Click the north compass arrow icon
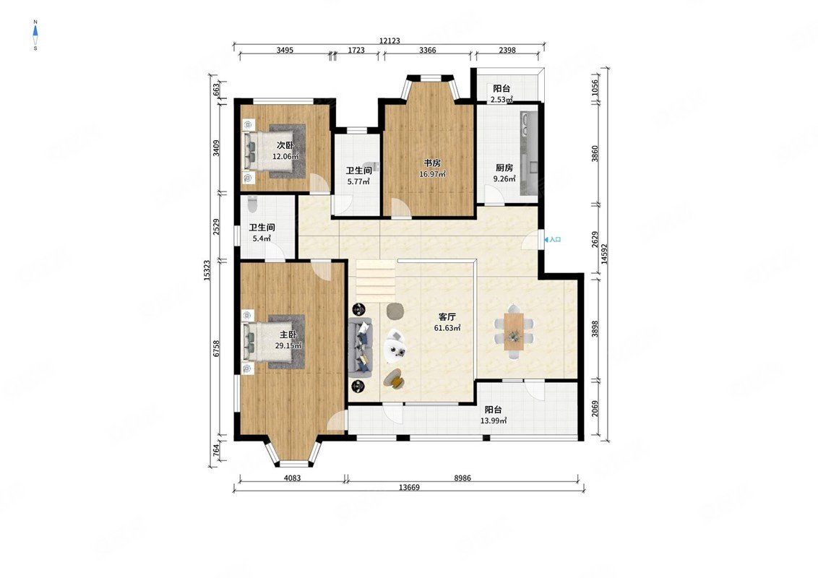(x=35, y=35)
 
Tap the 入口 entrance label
(x=555, y=239)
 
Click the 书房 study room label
(x=432, y=163)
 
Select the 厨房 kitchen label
(x=504, y=168)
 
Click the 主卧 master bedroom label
(x=288, y=335)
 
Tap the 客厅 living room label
(x=447, y=316)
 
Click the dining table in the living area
(x=515, y=331)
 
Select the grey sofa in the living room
(x=361, y=347)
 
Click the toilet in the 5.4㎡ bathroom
(x=253, y=204)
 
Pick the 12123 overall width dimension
(x=389, y=40)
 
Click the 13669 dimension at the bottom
(x=409, y=487)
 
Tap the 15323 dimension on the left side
(x=207, y=271)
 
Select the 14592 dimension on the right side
(x=604, y=254)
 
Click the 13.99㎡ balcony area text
(x=494, y=420)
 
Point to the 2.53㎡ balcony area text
(x=501, y=100)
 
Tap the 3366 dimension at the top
(x=427, y=50)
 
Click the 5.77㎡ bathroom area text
(x=358, y=182)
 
